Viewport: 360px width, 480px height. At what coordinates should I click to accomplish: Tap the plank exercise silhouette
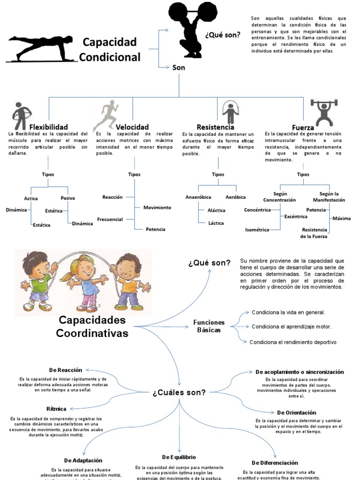(x=42, y=49)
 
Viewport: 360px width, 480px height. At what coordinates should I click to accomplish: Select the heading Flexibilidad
(x=49, y=127)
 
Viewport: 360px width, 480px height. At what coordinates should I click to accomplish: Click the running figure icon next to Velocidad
(x=106, y=115)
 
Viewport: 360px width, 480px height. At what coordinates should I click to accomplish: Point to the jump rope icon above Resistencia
(x=230, y=112)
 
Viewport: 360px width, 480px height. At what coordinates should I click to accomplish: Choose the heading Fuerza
(x=303, y=127)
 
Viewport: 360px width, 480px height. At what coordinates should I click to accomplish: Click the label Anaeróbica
(x=198, y=197)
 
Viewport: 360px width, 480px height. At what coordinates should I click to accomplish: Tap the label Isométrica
(x=257, y=230)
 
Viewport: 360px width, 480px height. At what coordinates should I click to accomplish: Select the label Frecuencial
(x=110, y=219)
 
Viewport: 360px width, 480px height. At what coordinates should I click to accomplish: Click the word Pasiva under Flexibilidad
(x=68, y=198)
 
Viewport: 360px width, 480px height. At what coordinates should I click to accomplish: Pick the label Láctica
(x=217, y=223)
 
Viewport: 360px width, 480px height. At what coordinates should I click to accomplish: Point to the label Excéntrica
(x=296, y=217)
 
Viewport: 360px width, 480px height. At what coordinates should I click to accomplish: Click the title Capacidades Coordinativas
(x=92, y=327)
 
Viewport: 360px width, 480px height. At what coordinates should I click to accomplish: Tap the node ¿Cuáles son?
(x=179, y=392)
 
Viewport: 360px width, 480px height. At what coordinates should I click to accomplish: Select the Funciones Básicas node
(x=209, y=326)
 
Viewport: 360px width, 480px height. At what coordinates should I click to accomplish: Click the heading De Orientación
(x=297, y=412)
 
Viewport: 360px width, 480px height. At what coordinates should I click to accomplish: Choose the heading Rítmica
(x=56, y=409)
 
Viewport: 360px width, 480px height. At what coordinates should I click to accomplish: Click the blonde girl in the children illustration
(x=84, y=281)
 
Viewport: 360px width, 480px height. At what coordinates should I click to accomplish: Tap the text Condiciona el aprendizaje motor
(x=291, y=326)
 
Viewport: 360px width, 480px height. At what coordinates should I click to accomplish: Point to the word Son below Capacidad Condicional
(x=179, y=67)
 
